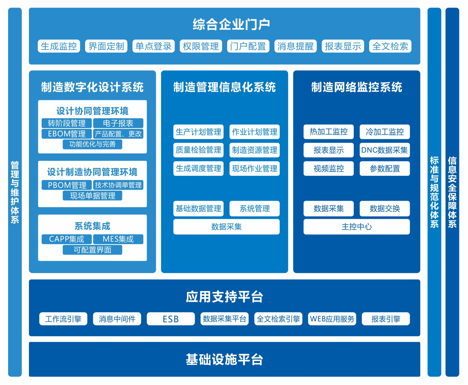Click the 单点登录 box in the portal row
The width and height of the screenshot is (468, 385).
154,46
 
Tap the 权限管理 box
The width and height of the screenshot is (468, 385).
201,46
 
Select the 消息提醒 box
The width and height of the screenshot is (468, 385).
295,46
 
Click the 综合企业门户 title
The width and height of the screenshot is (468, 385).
231,24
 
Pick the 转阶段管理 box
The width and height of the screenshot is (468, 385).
67,123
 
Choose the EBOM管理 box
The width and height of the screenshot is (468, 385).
67,134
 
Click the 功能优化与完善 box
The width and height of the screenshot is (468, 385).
92,144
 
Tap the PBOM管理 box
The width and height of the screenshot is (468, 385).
67,185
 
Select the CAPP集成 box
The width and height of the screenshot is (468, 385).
67,239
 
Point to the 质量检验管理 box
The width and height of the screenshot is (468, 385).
198,150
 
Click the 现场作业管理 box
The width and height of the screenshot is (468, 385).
255,169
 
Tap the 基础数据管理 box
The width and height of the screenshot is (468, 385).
198,208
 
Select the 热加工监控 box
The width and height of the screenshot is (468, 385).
329,132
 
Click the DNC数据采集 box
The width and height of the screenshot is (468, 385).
384,150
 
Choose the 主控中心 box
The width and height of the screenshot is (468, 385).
356,227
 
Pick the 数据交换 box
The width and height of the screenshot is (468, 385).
384,208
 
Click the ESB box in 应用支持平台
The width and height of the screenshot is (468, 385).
171,319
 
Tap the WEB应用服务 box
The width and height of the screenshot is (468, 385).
332,319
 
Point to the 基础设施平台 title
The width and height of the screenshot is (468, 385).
224,359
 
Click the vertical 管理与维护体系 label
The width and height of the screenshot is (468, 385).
15,192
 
